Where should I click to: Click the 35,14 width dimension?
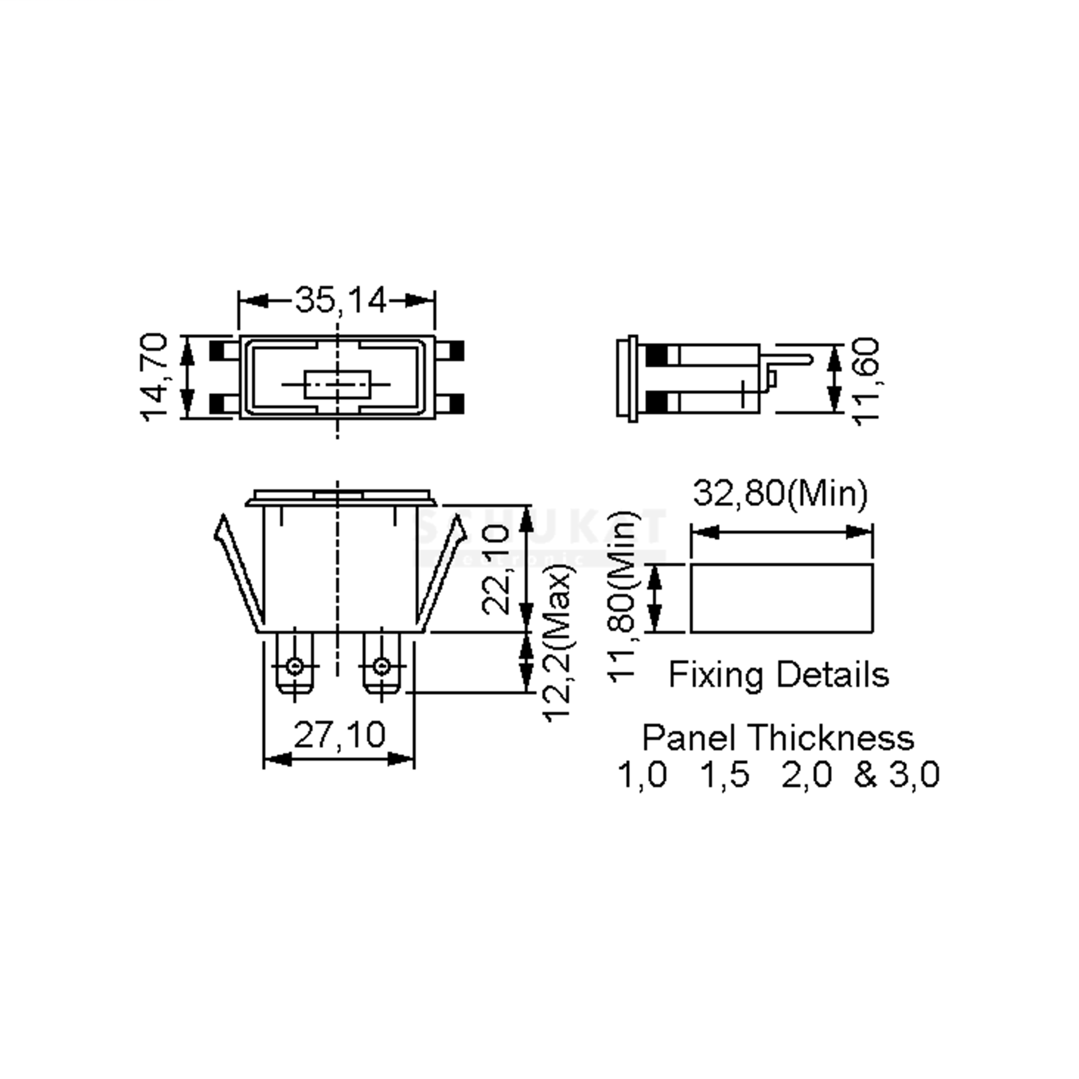[x=340, y=300]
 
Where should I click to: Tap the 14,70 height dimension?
[x=154, y=377]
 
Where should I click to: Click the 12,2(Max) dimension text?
[x=558, y=644]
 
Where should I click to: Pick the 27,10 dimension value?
[x=339, y=735]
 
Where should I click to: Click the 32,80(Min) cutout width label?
[x=780, y=494]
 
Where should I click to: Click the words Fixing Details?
[x=779, y=675]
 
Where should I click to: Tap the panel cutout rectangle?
[x=781, y=598]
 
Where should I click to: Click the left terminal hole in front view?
[x=294, y=666]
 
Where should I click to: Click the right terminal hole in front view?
[x=381, y=666]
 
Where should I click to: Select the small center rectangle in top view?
[x=337, y=384]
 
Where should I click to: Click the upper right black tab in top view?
[x=456, y=351]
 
